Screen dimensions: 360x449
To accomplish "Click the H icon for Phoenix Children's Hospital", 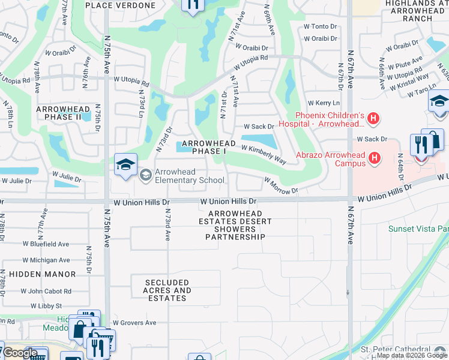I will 373,119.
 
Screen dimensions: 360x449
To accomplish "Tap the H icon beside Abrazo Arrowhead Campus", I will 375,158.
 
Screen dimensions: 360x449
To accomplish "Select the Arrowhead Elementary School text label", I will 189,176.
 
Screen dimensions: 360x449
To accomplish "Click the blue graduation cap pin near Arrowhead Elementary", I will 125,165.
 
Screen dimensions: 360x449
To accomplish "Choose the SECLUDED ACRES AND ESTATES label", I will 168,290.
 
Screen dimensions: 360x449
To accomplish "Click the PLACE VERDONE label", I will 120,5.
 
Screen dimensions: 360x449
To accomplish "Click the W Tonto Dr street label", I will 320,26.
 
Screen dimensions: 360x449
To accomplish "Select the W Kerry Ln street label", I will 319,104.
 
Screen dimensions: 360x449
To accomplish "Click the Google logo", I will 19,353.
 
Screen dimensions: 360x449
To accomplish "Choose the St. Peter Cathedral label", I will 394,349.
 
